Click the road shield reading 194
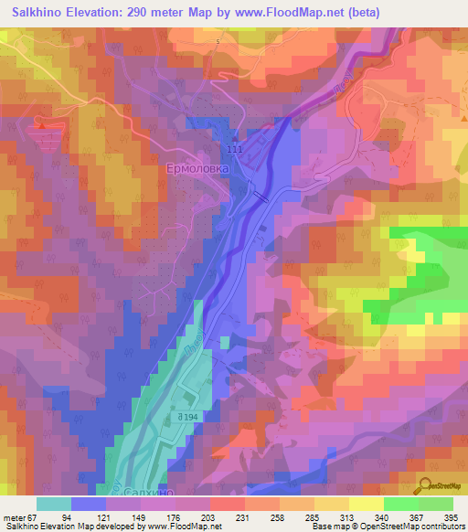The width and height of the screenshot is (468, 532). tap(188, 417)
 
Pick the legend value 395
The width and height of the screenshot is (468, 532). tap(451, 516)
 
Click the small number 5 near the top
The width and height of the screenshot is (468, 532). tap(218, 43)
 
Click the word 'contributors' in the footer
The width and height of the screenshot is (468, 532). tap(439, 527)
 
